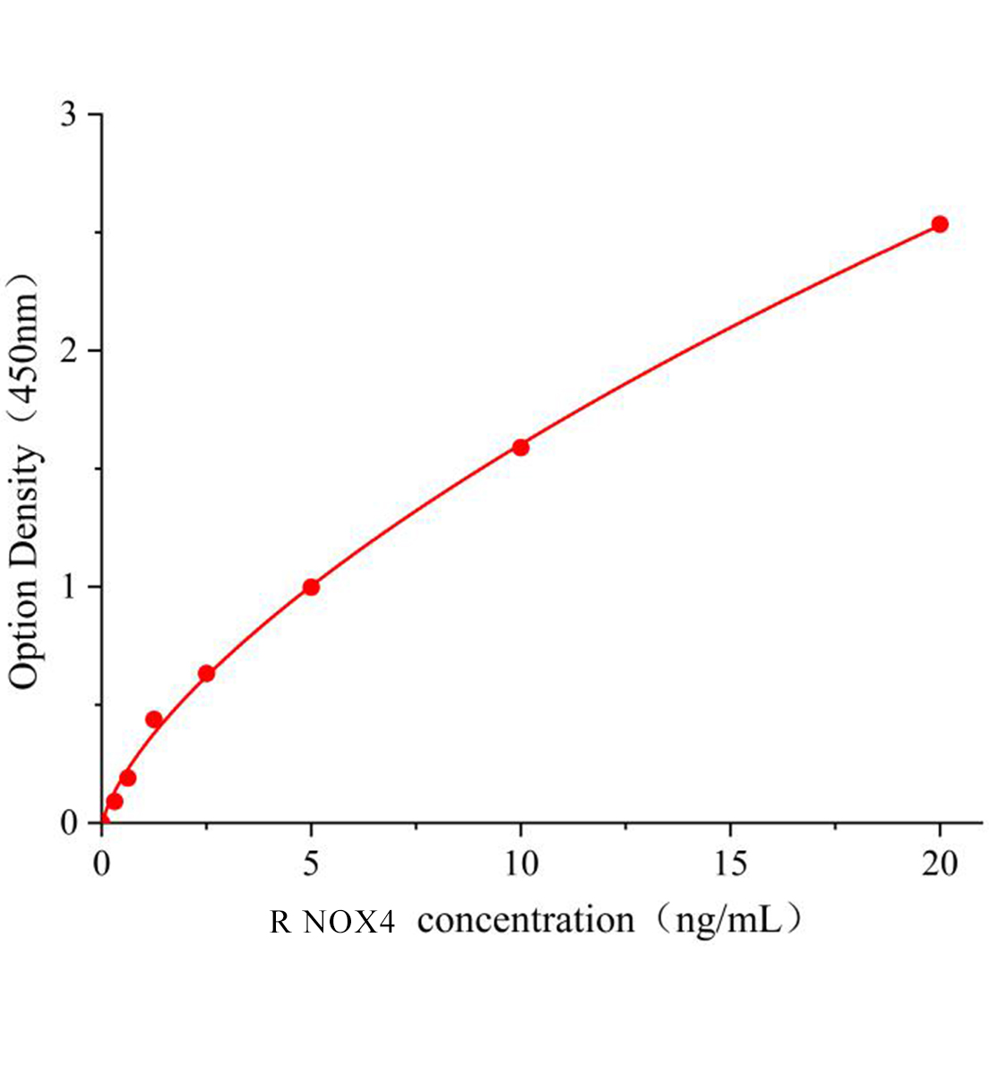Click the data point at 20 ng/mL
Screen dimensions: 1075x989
(x=940, y=224)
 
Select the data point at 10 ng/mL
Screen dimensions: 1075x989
(x=520, y=447)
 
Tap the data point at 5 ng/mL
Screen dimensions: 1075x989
(x=311, y=587)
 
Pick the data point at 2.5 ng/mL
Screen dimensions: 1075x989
(x=206, y=673)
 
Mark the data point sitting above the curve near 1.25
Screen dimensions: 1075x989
(x=154, y=719)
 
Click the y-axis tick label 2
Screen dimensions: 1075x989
(x=68, y=350)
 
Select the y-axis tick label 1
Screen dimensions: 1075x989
(x=68, y=587)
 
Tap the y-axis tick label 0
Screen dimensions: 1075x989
(x=68, y=822)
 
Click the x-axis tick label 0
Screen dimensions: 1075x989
(x=101, y=864)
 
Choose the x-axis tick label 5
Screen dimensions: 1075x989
(x=311, y=864)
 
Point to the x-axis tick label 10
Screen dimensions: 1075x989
(x=520, y=864)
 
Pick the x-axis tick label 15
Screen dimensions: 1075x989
(x=730, y=864)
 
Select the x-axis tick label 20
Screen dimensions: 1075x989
(x=940, y=864)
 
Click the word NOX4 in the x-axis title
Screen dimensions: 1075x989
(x=349, y=922)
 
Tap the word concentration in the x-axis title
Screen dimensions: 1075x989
(x=526, y=920)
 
